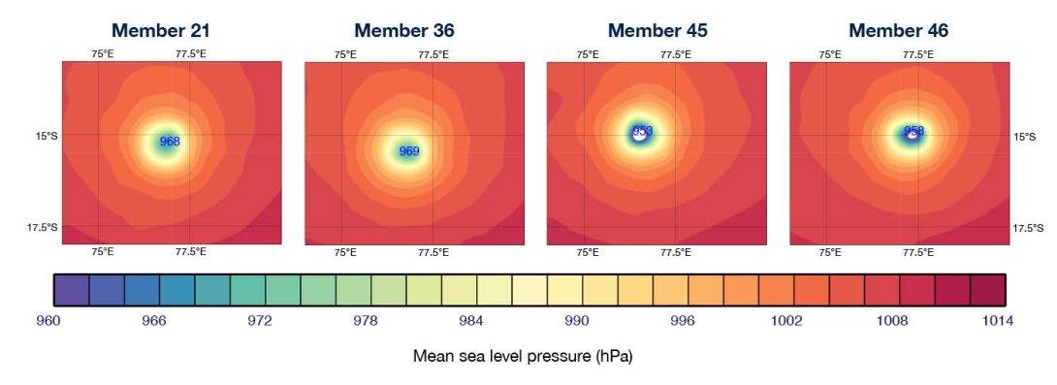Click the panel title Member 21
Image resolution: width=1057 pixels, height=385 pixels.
coord(161,31)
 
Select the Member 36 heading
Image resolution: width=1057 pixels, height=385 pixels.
coord(403,31)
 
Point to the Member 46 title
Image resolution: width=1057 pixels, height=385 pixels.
coord(900,31)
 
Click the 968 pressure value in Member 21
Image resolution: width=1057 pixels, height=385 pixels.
coord(170,142)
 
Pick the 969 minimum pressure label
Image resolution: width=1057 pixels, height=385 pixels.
coord(409,151)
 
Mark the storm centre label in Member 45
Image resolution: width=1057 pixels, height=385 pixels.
coord(642,131)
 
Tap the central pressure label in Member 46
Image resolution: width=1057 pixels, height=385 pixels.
coord(913,131)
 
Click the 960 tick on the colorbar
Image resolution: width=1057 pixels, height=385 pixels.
coord(57,320)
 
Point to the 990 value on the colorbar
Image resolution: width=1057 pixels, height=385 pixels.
coord(578,320)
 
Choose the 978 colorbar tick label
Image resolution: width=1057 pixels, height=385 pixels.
coord(369,320)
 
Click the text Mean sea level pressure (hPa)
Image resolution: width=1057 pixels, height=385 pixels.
coord(523,356)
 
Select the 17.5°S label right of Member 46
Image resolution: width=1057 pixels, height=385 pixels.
coord(1028,228)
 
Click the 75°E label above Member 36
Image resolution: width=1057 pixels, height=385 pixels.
coord(345,54)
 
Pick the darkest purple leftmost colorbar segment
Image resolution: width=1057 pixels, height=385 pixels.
coord(71,289)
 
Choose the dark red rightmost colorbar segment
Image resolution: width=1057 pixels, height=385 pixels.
coord(987,289)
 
